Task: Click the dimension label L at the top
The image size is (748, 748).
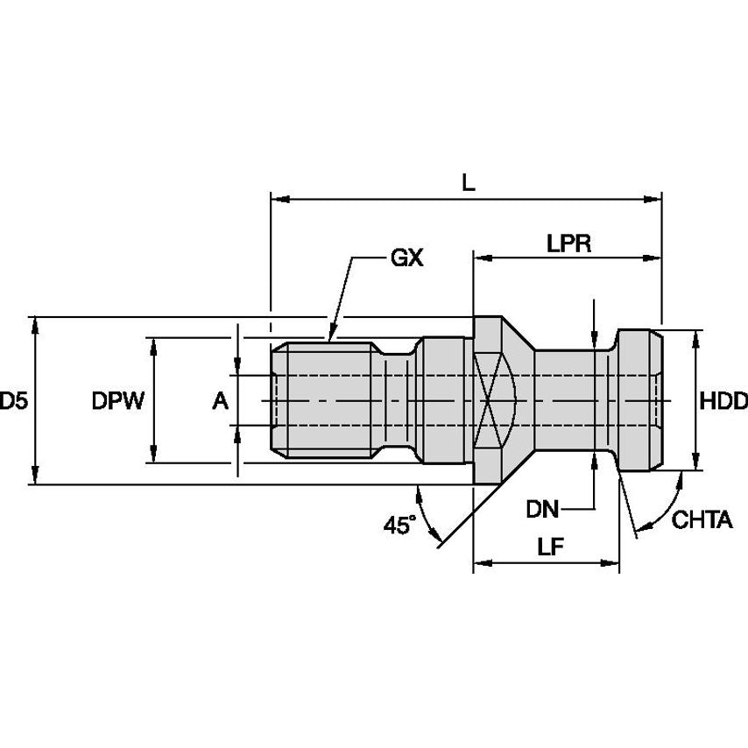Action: click(x=468, y=183)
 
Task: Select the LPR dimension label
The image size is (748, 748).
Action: click(x=568, y=243)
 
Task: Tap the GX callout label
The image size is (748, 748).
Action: click(x=406, y=258)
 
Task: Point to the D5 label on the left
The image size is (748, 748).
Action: click(x=14, y=401)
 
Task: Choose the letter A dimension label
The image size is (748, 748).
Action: click(x=220, y=401)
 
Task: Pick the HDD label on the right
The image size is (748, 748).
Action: click(x=723, y=401)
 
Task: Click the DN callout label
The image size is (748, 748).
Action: click(x=544, y=508)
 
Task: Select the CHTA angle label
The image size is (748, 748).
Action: click(x=702, y=520)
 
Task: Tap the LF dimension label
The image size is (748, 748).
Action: click(x=549, y=547)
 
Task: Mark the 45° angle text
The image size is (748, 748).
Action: click(x=399, y=525)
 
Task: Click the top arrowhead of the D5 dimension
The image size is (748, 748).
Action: click(x=35, y=323)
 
